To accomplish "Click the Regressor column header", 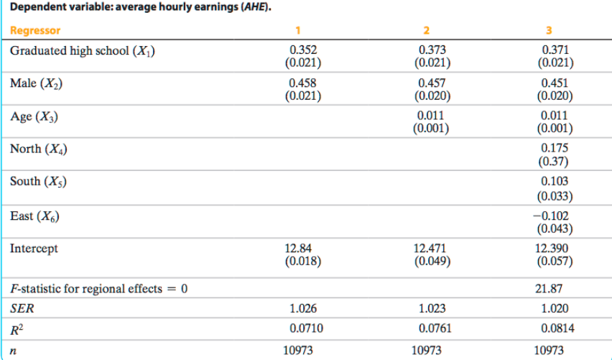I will [35, 31].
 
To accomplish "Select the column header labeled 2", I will [427, 31].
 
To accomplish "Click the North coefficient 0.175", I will [554, 148].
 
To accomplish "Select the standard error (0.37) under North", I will [554, 161].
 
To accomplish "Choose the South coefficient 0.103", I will [554, 181].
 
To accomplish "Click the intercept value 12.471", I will [429, 249].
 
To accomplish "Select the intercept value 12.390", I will [554, 249].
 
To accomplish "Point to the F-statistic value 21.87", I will [554, 288].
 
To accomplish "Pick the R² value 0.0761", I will [429, 329].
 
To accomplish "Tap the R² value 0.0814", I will [554, 329].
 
